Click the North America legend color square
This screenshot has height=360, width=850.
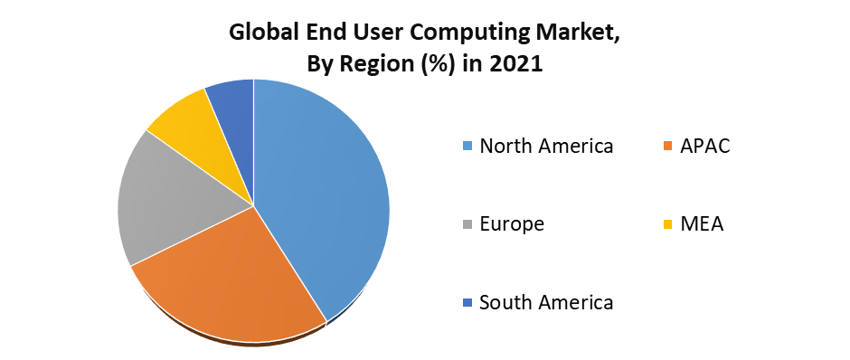pos(467,147)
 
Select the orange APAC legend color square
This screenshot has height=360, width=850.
pos(668,147)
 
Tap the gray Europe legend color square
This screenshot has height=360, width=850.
pos(467,224)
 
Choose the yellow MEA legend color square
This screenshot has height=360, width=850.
pos(668,224)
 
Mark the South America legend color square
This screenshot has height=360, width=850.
pos(467,303)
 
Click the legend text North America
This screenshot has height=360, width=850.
pos(546,146)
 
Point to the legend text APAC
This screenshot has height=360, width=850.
pos(705,146)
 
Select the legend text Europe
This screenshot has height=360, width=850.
pos(512,224)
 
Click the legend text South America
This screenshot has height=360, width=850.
pos(546,302)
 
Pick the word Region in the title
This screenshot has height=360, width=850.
pos(383,65)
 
